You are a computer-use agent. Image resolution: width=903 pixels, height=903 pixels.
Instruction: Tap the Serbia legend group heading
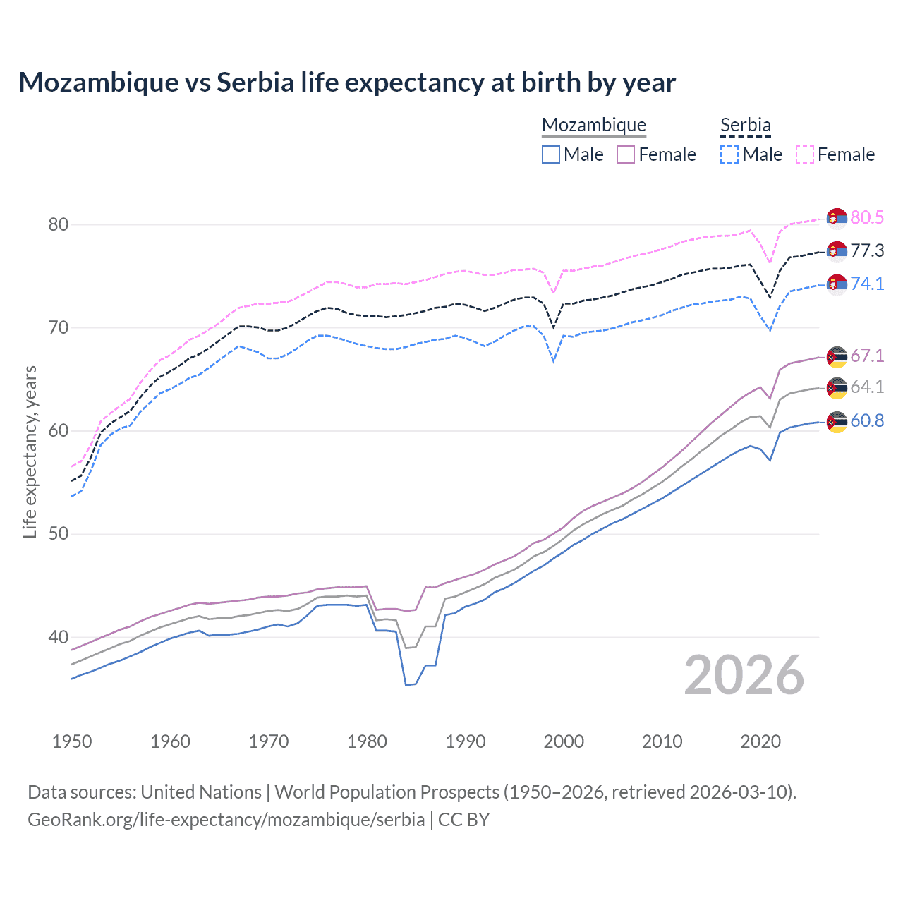[745, 126]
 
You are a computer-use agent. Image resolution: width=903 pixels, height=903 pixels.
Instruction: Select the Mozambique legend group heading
[593, 126]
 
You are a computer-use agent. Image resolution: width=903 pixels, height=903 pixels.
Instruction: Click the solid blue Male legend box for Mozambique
[551, 154]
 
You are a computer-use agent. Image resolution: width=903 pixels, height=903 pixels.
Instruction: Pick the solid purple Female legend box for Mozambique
[626, 154]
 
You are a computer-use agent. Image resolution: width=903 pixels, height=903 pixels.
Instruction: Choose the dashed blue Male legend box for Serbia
[729, 154]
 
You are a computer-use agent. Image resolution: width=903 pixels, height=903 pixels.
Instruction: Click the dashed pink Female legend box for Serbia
[805, 154]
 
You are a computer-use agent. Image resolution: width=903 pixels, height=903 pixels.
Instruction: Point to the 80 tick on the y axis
[58, 225]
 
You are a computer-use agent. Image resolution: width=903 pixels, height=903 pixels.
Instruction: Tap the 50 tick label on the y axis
[58, 534]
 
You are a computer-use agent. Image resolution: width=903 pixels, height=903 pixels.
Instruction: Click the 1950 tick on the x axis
[72, 741]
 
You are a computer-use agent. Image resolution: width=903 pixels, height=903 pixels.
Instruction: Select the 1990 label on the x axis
[466, 741]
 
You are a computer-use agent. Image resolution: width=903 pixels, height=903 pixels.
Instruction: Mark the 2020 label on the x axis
[760, 741]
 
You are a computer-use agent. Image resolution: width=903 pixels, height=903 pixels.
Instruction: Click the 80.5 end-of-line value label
[867, 217]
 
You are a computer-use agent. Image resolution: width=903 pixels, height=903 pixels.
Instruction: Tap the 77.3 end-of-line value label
[867, 250]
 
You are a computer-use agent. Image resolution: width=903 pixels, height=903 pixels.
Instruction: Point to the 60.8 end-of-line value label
[867, 421]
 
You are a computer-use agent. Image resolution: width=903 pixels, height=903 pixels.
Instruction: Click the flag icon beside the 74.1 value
[837, 284]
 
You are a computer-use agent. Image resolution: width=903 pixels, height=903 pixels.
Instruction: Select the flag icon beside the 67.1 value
[837, 357]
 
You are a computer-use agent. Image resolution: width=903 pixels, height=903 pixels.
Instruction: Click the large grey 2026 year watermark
[744, 675]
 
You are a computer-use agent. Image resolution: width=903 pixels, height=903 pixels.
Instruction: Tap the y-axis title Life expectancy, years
[30, 451]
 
